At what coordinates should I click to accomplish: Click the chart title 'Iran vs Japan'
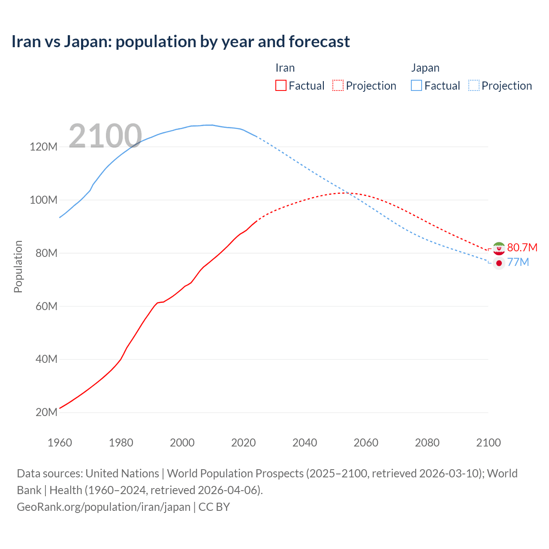click(181, 42)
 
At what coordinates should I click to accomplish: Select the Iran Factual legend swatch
click(281, 85)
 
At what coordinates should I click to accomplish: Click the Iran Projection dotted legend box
click(338, 85)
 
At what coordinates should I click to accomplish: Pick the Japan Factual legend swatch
click(416, 85)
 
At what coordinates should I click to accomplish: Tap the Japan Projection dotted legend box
click(474, 85)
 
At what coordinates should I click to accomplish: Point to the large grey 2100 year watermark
click(105, 136)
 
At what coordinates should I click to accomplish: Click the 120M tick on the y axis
click(43, 147)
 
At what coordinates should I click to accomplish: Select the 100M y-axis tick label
click(43, 200)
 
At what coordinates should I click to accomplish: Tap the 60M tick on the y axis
click(46, 306)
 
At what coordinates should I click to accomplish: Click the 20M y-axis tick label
click(46, 413)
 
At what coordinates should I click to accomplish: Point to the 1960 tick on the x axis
click(60, 443)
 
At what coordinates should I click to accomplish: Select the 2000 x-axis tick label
click(182, 443)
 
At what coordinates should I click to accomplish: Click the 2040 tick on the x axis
click(305, 443)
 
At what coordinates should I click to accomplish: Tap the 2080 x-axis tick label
click(427, 443)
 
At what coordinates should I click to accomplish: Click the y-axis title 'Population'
click(18, 266)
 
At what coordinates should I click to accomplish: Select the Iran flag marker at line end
click(499, 248)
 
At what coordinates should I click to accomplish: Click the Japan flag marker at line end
click(499, 263)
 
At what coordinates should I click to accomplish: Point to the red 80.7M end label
click(522, 247)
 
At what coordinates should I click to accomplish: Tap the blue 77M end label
click(518, 262)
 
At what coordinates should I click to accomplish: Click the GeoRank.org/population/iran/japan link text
click(103, 507)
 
